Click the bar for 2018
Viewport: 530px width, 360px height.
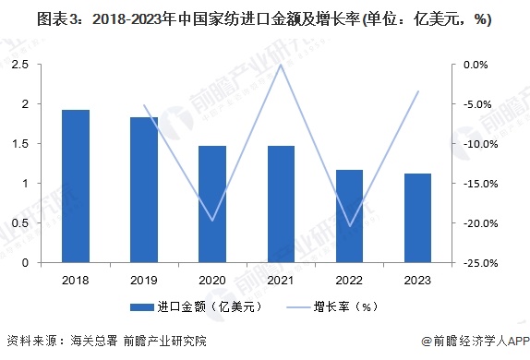(x=76, y=186)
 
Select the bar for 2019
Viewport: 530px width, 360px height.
(x=144, y=190)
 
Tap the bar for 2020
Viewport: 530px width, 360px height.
(x=212, y=204)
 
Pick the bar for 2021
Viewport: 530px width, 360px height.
(x=281, y=204)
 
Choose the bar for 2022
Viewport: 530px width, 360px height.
(x=349, y=216)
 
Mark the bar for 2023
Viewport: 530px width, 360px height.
(x=417, y=218)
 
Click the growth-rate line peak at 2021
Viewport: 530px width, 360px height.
(x=281, y=65)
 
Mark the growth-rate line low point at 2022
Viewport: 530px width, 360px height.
(x=349, y=225)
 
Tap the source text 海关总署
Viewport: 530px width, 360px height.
(x=97, y=340)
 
